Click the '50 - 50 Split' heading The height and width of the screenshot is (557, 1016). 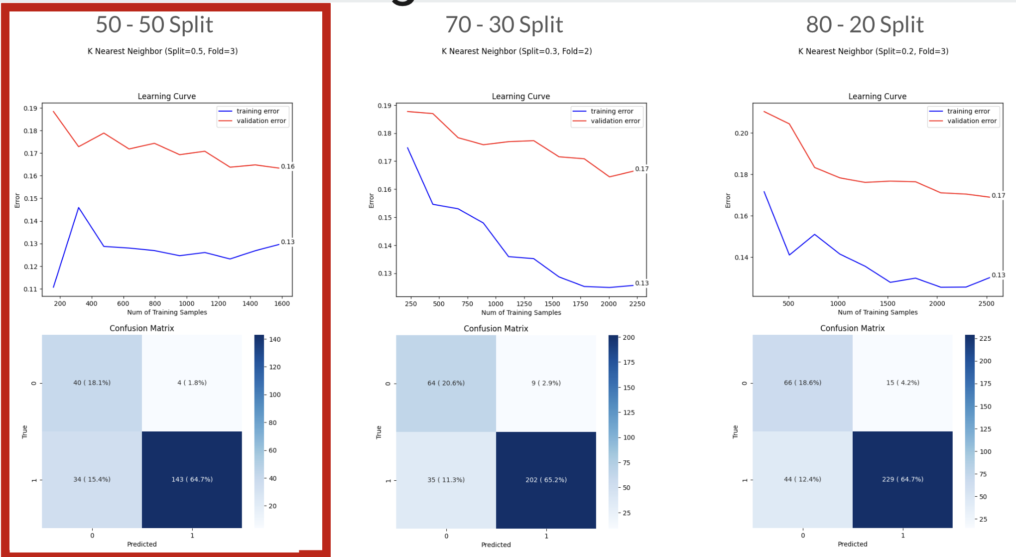coord(154,25)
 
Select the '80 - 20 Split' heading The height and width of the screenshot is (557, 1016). coord(865,25)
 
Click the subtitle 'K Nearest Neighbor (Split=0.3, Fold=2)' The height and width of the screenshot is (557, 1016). coord(516,51)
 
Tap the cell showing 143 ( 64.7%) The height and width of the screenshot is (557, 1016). coord(192,479)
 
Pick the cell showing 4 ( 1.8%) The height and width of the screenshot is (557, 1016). coord(192,383)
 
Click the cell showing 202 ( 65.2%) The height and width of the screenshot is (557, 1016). coord(546,480)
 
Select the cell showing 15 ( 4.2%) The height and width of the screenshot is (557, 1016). coord(902,383)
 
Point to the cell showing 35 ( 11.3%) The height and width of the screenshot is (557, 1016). coord(446,480)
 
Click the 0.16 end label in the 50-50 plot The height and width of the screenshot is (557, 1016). coord(287,166)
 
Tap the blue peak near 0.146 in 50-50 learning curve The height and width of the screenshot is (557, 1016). coord(79,208)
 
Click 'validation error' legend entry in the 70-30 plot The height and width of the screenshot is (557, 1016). coord(615,121)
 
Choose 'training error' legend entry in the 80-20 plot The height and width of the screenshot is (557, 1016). coord(968,111)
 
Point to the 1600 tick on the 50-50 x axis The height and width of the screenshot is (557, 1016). coord(282,303)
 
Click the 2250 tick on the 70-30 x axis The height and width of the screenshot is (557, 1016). coord(637,304)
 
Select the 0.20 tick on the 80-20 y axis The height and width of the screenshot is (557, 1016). coord(741,134)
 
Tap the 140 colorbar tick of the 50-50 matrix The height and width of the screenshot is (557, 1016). coord(275,340)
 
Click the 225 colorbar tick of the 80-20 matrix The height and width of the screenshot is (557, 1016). coord(985,338)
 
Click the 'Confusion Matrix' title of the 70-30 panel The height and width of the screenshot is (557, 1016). coord(496,328)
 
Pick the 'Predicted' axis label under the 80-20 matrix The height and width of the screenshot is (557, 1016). coord(852,544)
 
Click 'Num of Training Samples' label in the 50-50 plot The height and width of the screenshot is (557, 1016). coord(167,312)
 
